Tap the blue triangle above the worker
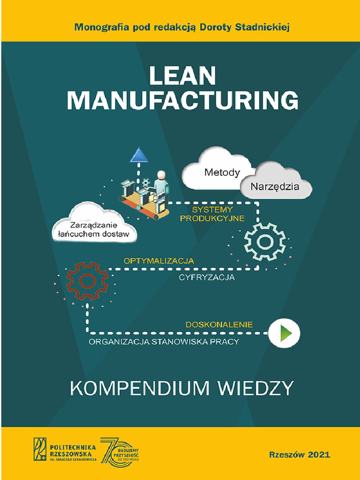[139, 155]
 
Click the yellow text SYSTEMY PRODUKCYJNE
[212, 214]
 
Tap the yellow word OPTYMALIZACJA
[158, 260]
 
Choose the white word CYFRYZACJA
[206, 277]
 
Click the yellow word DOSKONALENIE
[219, 324]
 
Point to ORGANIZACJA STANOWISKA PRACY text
[164, 342]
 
